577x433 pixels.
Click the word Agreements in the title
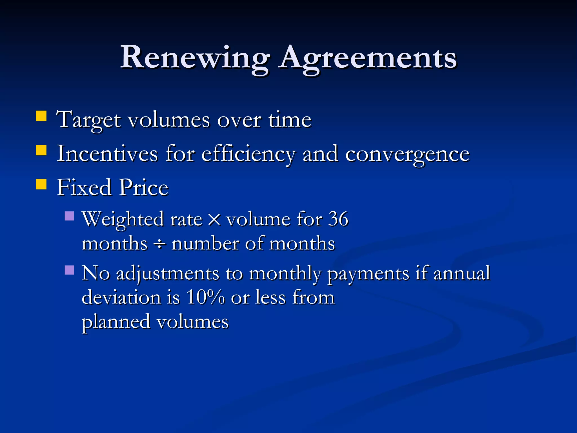[367, 58]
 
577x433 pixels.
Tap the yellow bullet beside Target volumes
[41, 116]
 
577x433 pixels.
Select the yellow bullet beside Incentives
[41, 150]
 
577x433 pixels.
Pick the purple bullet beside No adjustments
[69, 270]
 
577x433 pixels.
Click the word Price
[143, 187]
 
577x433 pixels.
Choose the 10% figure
[205, 297]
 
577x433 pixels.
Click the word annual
[462, 273]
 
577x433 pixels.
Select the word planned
[116, 322]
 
